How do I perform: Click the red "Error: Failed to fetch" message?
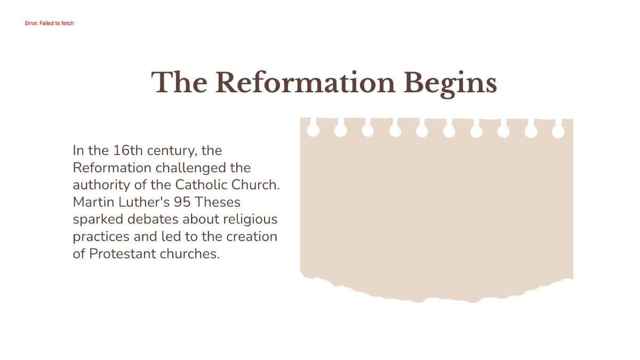pos(49,23)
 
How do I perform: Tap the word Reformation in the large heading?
pos(305,83)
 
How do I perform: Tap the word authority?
pos(97,185)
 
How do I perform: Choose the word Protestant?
pos(123,253)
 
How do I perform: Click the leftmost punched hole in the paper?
pos(314,131)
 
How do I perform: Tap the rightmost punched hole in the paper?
pos(558,132)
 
